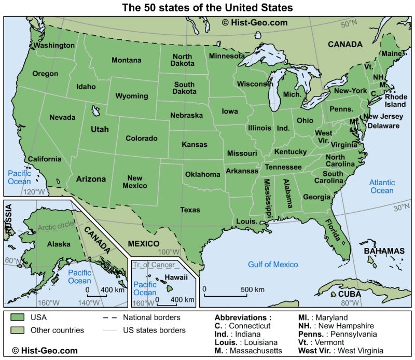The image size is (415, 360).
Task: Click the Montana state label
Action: point(126,60)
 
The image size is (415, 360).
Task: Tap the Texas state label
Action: point(190,210)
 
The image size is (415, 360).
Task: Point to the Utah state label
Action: point(100,129)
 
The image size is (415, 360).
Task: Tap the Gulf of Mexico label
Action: point(273,265)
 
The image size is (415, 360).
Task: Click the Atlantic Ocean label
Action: point(382,187)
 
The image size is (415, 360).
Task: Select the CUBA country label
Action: point(349,294)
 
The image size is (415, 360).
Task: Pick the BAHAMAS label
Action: point(384,251)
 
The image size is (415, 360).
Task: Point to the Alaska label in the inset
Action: point(59,244)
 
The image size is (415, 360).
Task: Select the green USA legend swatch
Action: point(19,317)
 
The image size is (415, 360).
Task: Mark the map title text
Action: point(208,8)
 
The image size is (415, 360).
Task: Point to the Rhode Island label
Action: point(395,101)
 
